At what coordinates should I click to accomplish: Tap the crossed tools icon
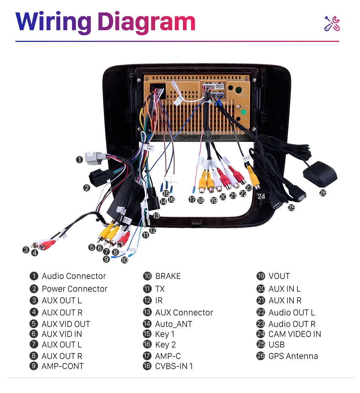[332, 24]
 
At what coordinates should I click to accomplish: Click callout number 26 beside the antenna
[323, 192]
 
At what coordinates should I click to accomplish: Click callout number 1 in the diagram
[79, 160]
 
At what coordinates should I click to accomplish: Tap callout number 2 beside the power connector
[86, 188]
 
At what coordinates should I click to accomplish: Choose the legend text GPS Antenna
[293, 356]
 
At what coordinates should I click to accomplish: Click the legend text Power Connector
[75, 289]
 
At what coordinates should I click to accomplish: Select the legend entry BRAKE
[168, 276]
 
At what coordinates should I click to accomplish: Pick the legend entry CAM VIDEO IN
[295, 334]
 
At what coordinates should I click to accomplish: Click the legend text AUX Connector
[184, 312]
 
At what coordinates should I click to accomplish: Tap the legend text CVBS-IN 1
[174, 366]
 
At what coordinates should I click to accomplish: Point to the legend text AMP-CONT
[62, 366]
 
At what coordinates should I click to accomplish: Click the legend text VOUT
[279, 276]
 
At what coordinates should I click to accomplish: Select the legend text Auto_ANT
[173, 324]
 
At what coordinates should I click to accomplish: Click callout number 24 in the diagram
[261, 196]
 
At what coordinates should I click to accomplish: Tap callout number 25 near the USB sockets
[291, 208]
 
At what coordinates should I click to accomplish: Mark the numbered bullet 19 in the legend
[261, 276]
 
